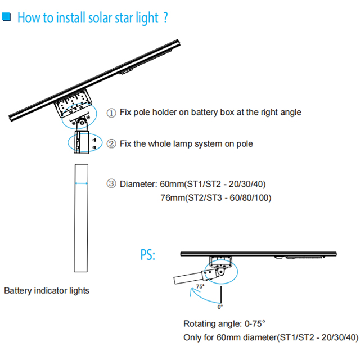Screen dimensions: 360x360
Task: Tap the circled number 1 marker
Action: pos(111,112)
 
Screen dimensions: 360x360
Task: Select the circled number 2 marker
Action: pos(111,144)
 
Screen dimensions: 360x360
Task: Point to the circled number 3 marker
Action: pos(111,183)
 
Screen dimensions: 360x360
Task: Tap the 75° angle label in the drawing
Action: pos(200,287)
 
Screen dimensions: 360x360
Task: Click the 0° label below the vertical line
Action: pos(220,307)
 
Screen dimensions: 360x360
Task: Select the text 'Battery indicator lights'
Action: pos(47,291)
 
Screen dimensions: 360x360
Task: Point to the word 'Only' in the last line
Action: pos(193,337)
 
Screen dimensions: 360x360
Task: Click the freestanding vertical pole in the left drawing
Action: pos(82,219)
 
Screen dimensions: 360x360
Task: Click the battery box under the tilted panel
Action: pos(72,106)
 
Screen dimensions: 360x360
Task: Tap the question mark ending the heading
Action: pos(165,17)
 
